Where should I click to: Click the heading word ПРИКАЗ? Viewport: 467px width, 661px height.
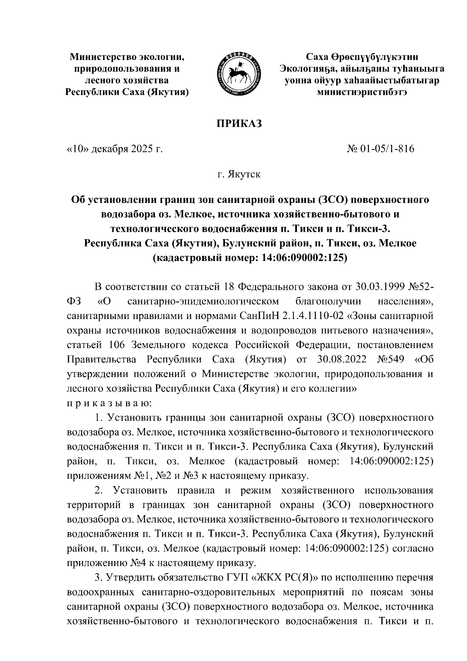[x=239, y=124]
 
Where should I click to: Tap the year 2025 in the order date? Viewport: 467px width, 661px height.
[x=139, y=149]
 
